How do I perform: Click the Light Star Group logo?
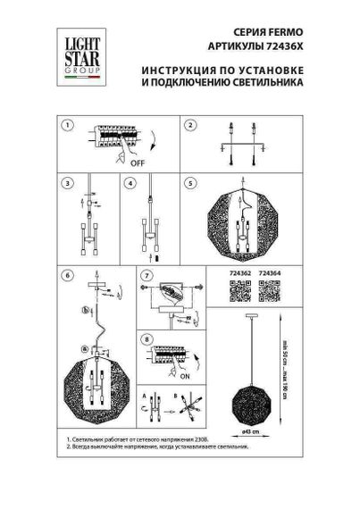pyautogui.click(x=78, y=52)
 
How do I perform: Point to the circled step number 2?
pyautogui.click(x=190, y=126)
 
